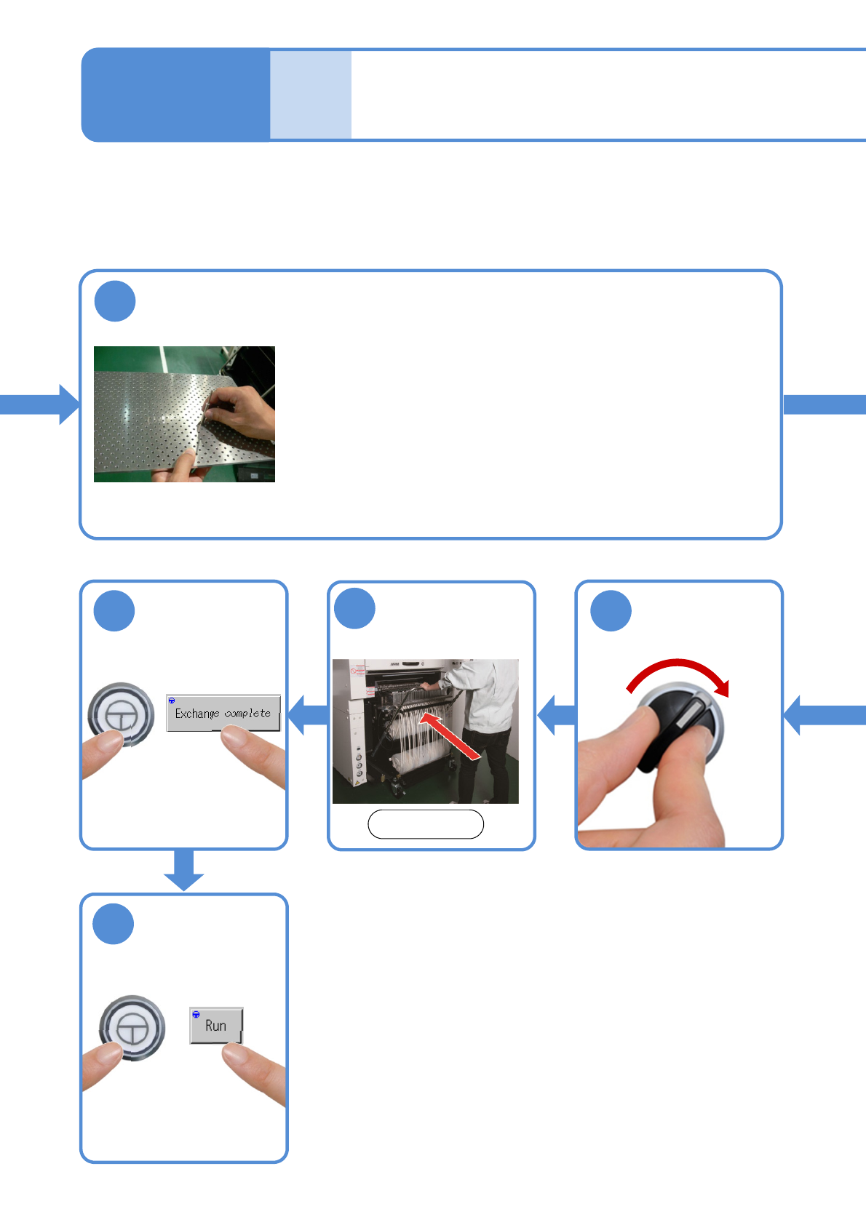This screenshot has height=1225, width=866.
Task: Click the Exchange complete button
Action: [x=223, y=713]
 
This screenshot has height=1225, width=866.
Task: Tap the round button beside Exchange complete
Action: [x=121, y=714]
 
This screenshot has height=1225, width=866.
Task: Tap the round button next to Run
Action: [x=132, y=1027]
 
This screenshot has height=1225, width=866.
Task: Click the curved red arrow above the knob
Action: [x=678, y=672]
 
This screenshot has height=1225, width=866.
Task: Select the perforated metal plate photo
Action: [x=184, y=414]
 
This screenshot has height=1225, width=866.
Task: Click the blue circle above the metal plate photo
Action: [x=115, y=301]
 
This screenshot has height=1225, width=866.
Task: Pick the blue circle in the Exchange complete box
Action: [x=114, y=611]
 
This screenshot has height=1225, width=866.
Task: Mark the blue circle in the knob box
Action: [x=611, y=610]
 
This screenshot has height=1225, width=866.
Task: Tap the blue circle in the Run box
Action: [x=114, y=924]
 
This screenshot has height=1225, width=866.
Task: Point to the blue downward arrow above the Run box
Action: [x=183, y=869]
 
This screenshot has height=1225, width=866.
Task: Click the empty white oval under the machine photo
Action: [x=426, y=824]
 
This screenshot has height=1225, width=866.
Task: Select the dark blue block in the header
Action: [x=175, y=95]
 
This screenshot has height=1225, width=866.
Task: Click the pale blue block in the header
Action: [x=311, y=95]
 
